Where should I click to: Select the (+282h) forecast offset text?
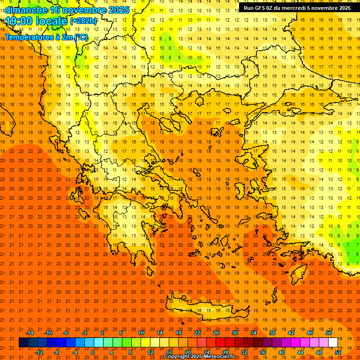(83, 21)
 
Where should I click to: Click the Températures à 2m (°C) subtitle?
(46, 37)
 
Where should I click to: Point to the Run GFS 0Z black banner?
(296, 8)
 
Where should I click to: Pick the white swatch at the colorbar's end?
(333, 343)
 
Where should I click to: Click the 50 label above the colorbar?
(328, 333)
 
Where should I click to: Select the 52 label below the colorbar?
(338, 352)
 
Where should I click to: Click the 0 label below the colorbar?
(93, 352)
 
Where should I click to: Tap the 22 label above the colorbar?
(197, 333)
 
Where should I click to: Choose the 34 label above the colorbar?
(254, 333)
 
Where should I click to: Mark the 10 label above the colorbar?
(141, 333)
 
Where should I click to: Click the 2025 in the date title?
(119, 10)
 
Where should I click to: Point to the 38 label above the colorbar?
(272, 333)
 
